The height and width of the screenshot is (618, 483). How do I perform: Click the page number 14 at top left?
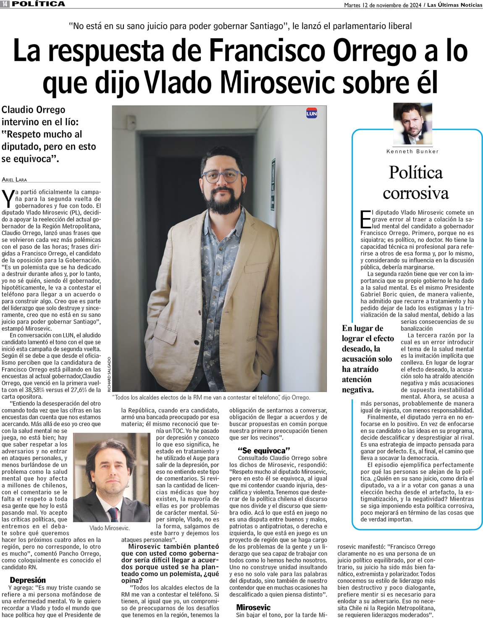(5, 4)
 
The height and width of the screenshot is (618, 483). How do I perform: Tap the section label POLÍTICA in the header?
(39, 4)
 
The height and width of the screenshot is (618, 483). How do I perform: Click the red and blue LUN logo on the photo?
(311, 113)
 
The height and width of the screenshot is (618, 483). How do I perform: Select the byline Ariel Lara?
(14, 179)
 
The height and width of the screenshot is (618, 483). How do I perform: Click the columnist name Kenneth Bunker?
(412, 151)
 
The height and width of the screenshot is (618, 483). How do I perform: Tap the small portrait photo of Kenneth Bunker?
(412, 124)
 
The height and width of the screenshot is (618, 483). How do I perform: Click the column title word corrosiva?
(415, 193)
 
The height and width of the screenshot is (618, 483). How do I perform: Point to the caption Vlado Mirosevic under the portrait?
(110, 528)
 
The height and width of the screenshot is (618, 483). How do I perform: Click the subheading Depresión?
(28, 580)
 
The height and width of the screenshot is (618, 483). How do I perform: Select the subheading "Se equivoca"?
(264, 451)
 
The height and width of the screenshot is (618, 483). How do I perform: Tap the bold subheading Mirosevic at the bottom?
(253, 607)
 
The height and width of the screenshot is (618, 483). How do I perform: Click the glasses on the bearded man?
(222, 176)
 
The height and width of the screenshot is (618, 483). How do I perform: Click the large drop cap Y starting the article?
(7, 198)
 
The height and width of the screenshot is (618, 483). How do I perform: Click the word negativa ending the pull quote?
(357, 389)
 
